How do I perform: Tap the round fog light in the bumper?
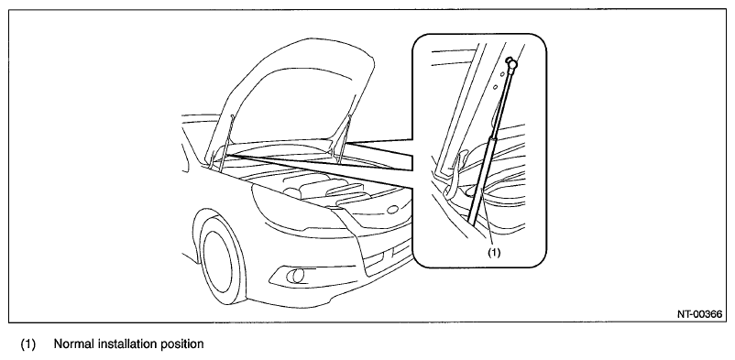297,276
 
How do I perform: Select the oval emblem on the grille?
392,209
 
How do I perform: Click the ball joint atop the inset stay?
511,61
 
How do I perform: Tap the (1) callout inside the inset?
494,252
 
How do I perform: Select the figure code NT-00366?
699,314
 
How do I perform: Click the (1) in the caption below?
27,344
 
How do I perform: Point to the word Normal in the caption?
73,344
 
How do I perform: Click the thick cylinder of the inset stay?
480,179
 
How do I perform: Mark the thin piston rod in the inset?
500,102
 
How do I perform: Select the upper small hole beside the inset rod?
501,73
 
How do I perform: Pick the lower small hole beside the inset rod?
495,86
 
